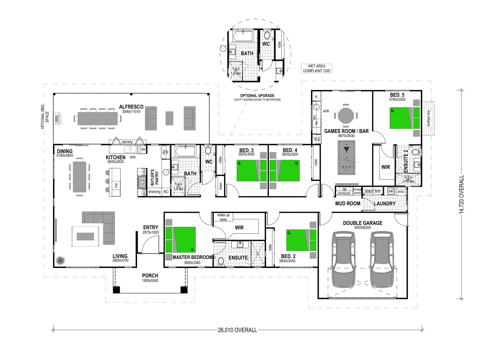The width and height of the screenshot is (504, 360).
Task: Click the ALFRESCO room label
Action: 131,107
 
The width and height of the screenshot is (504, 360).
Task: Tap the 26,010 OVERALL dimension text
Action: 237,330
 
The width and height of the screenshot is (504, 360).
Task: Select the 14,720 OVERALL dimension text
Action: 462,194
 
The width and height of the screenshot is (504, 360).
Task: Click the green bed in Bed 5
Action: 405,118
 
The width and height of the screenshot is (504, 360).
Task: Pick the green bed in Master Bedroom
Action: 181,239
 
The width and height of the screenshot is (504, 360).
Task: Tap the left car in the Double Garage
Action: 343,260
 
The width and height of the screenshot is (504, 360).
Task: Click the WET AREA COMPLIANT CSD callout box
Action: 316,68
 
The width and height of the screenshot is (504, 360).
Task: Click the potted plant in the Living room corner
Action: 60,260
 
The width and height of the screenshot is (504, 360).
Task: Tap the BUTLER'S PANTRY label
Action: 154,177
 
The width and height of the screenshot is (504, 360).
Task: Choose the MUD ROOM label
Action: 347,203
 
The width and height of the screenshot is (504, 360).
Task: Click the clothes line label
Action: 429,118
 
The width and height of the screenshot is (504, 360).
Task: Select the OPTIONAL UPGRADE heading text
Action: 257,96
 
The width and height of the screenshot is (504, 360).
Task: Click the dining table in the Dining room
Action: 79,177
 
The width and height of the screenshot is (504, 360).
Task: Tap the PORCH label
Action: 150,276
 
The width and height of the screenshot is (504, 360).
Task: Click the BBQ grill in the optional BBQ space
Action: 58,118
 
